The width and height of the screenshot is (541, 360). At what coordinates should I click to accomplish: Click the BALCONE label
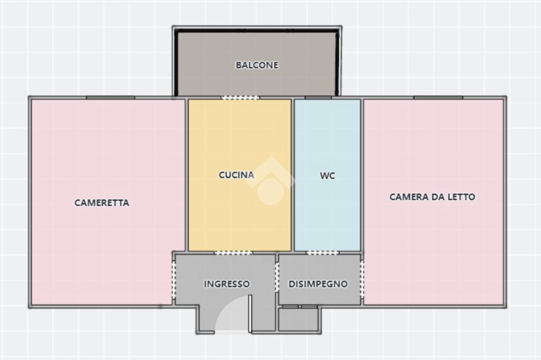(x=257, y=65)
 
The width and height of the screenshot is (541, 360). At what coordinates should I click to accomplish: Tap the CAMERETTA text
(x=102, y=203)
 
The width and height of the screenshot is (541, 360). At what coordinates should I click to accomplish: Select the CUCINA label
(x=236, y=175)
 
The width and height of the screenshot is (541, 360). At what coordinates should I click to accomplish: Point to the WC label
(x=328, y=176)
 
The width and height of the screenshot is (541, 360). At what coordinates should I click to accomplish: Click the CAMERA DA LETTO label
(x=432, y=197)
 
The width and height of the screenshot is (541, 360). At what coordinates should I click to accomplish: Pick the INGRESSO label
(x=227, y=284)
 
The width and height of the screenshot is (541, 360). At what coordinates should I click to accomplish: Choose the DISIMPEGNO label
(x=318, y=284)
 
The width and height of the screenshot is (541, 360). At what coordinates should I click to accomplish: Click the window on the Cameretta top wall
(x=110, y=98)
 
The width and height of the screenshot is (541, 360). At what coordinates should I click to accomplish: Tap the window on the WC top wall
(x=318, y=98)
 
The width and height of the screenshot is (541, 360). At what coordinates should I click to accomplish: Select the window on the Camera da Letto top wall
(x=438, y=98)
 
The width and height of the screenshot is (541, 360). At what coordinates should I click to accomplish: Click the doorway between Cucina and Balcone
(x=240, y=98)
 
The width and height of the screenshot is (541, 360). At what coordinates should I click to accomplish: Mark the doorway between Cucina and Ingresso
(x=234, y=253)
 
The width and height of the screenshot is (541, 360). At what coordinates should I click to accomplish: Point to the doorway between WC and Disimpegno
(x=322, y=253)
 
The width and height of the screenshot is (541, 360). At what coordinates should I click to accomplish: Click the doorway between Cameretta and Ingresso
(x=174, y=280)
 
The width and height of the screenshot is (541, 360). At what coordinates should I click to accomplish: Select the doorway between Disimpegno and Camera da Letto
(x=362, y=279)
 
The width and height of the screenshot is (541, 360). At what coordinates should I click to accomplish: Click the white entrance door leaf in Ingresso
(x=250, y=314)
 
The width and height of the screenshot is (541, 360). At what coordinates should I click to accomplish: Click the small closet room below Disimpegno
(x=298, y=319)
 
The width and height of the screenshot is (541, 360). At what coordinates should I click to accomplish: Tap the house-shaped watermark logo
(x=271, y=181)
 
